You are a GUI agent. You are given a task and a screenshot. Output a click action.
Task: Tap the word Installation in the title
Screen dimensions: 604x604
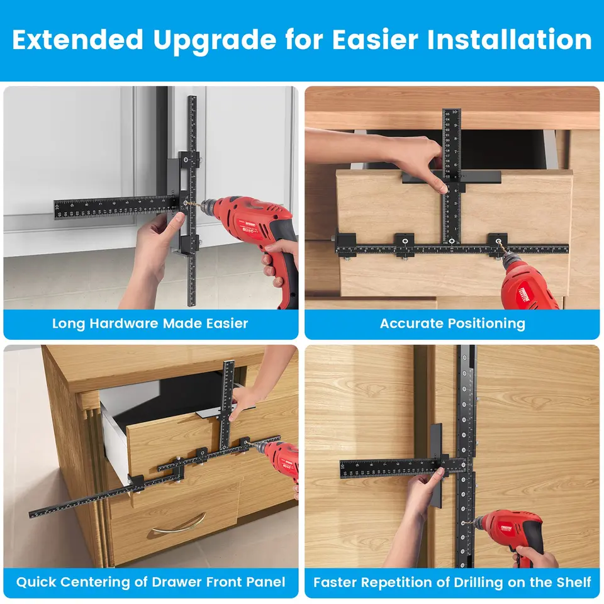click(509, 40)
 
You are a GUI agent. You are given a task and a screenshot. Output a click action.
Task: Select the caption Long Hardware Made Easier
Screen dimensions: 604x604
click(150, 324)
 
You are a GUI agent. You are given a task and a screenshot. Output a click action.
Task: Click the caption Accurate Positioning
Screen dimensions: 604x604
click(452, 324)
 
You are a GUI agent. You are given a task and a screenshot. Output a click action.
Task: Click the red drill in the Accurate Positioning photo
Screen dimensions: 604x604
click(528, 286)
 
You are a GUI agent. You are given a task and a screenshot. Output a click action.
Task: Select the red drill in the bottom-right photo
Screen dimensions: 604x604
click(513, 528)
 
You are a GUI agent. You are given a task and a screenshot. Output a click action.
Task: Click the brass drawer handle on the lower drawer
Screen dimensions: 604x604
click(179, 524)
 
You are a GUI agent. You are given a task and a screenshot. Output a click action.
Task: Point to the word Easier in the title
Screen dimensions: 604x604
click(374, 40)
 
